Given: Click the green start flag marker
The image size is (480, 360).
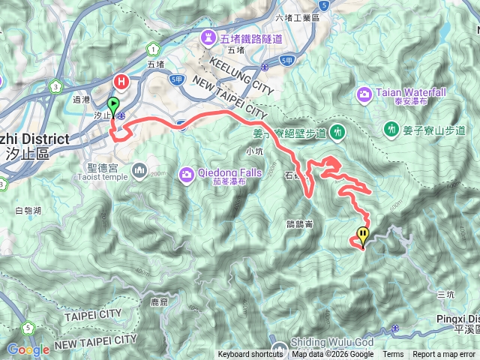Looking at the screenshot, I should [x=114, y=104].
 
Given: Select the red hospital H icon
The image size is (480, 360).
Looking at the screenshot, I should [x=120, y=80].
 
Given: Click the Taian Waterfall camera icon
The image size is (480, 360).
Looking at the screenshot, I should [x=364, y=94].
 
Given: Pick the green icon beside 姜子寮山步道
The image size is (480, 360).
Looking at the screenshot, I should [x=391, y=130].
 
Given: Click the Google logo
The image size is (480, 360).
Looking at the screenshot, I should [x=28, y=349].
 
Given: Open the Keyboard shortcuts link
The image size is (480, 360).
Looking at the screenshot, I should [x=250, y=354].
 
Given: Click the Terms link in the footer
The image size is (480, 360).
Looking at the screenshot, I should [x=393, y=354].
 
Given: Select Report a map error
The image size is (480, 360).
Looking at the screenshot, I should [x=444, y=354].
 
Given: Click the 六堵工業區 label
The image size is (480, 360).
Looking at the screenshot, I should [x=298, y=17].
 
